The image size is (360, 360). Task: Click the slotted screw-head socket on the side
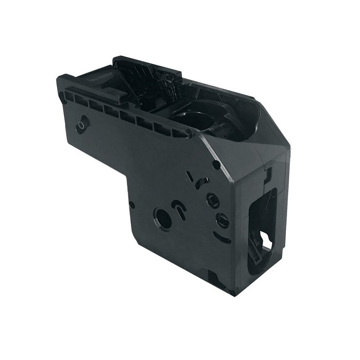click(x=223, y=220)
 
